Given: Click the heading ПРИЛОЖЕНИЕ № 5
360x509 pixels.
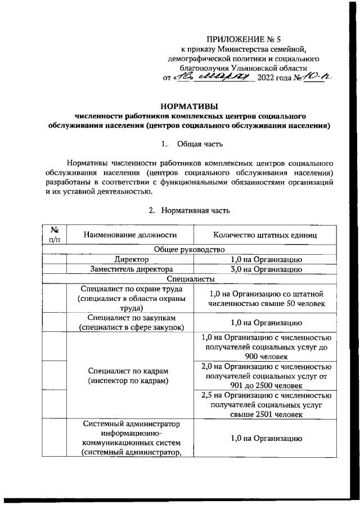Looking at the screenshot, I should point(244,39).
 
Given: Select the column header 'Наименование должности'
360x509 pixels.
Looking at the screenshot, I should point(129,235).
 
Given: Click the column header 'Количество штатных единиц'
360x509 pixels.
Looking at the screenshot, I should point(265,235).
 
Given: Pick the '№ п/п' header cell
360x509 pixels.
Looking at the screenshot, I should point(55,235).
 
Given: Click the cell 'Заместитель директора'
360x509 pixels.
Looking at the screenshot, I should point(129,269).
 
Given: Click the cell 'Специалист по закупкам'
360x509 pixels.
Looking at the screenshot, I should point(129,322).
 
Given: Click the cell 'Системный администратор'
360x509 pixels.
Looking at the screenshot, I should point(129,438).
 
